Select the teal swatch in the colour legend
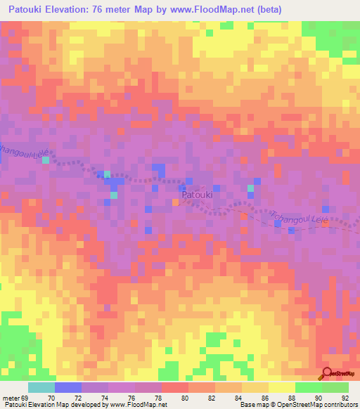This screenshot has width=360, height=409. point(41,387)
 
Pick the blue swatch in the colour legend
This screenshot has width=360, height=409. point(67,387)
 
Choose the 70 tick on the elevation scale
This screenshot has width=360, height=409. point(51,397)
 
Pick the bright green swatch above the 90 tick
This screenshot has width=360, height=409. point(308,387)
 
